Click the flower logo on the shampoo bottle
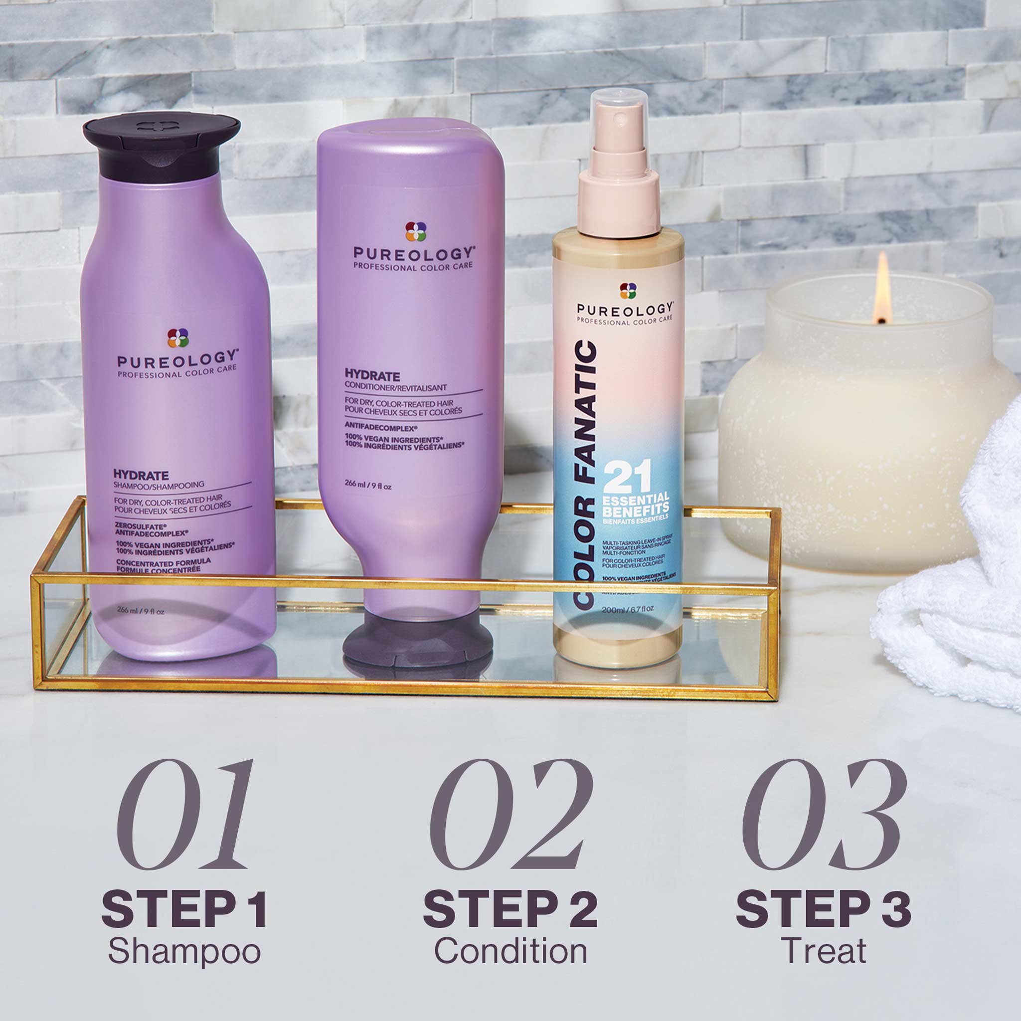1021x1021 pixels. (178, 338)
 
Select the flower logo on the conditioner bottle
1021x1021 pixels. (415, 231)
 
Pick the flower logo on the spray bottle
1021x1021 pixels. (628, 290)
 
